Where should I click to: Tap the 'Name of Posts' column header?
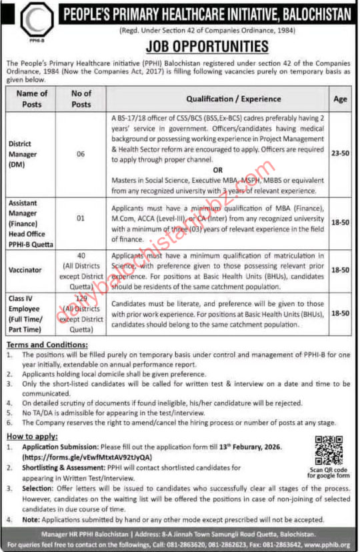pos(32,98)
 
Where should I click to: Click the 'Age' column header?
pos(341,98)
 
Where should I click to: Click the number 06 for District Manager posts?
pos(81,153)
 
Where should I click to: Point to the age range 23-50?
pos(340,153)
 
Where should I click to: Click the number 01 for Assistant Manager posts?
pos(81,217)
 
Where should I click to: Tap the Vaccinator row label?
pos(26,271)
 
